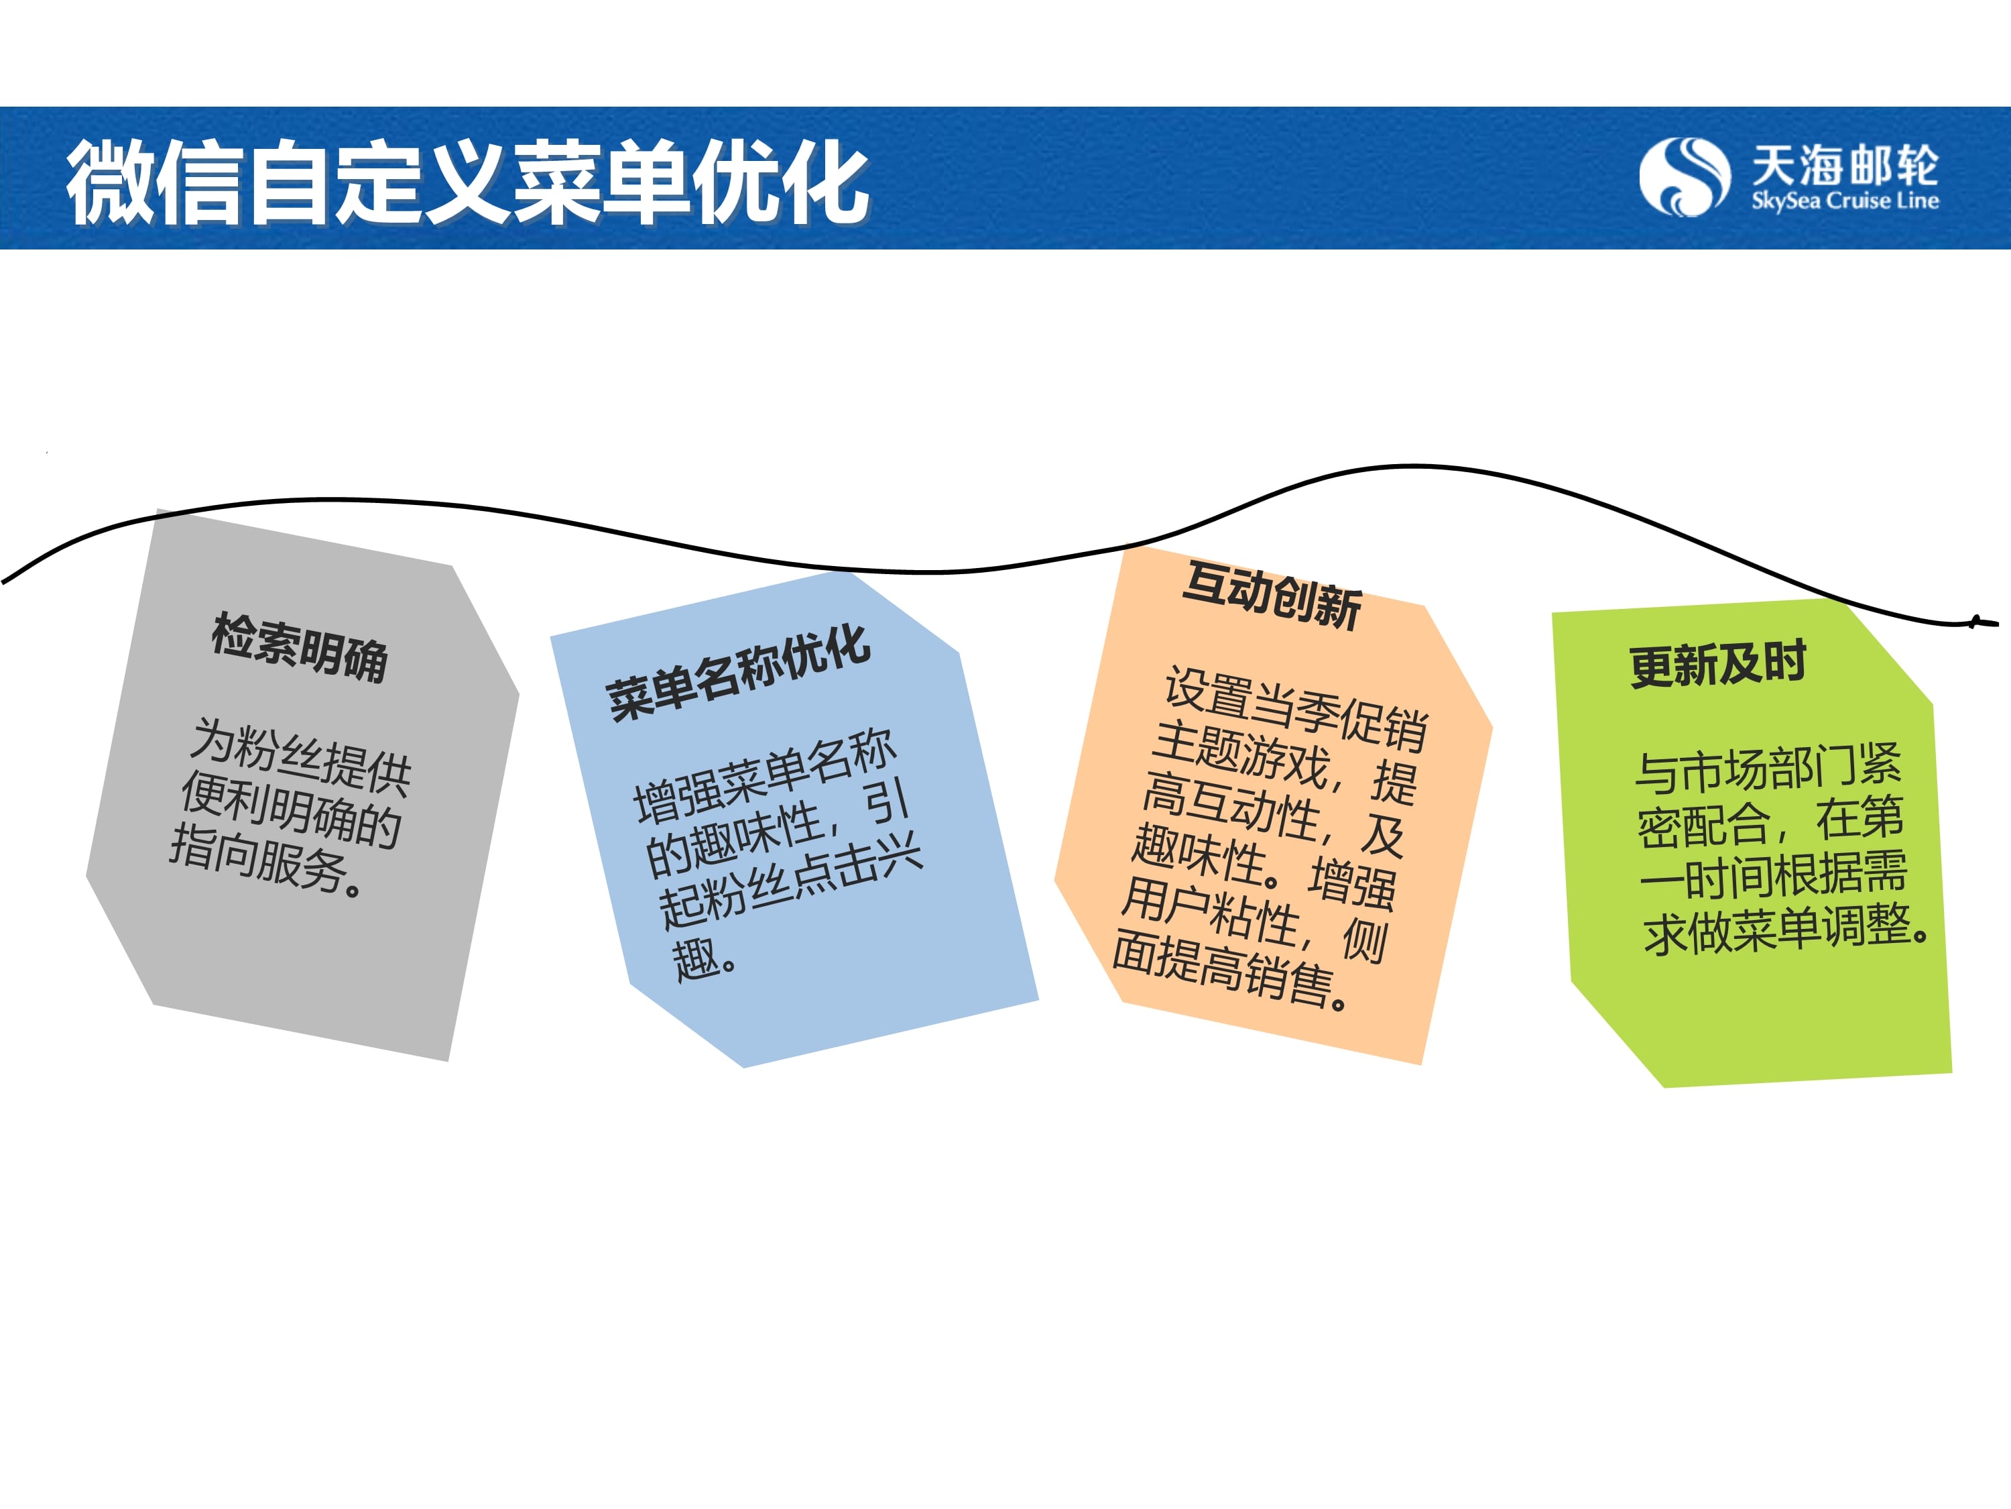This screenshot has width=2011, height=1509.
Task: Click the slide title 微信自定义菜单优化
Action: coord(467,182)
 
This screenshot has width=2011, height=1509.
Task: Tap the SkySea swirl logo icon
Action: coord(1684,176)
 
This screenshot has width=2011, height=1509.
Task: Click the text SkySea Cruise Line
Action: coord(1845,201)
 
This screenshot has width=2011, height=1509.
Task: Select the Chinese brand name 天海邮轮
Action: coord(1845,164)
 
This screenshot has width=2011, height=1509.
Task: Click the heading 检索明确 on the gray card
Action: coord(300,648)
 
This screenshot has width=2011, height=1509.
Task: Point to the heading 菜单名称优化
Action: coord(738,673)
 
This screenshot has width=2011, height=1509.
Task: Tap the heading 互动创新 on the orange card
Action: coord(1272,595)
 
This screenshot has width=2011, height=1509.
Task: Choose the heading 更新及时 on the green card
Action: coord(1717,664)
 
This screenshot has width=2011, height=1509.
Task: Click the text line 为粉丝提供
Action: coord(301,754)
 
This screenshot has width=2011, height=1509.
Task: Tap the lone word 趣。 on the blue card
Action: coord(705,958)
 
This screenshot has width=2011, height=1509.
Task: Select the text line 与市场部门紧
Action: coord(1768,767)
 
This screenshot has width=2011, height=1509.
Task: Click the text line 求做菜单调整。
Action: coord(1786,930)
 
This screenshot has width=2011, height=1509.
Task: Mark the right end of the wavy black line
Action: coord(1998,623)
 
